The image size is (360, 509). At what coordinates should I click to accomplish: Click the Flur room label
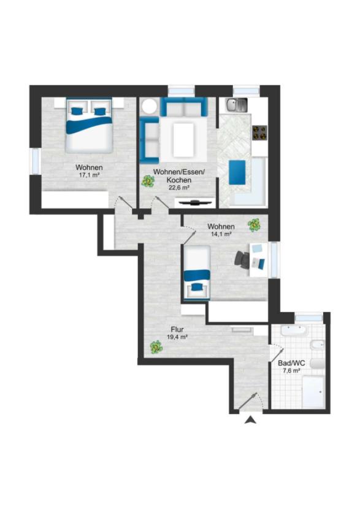pyautogui.click(x=177, y=330)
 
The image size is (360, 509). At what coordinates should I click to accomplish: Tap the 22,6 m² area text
pyautogui.click(x=179, y=187)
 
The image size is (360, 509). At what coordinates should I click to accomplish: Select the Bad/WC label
pyautogui.click(x=291, y=363)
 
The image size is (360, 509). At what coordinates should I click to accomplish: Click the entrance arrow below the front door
pyautogui.click(x=250, y=420)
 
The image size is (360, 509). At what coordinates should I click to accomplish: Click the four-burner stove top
pyautogui.click(x=259, y=132)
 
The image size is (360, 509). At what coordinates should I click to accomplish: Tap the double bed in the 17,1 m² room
pyautogui.click(x=90, y=126)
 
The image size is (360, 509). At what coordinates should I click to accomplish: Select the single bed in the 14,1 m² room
pyautogui.click(x=197, y=272)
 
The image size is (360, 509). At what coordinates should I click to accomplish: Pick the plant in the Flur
pyautogui.click(x=156, y=347)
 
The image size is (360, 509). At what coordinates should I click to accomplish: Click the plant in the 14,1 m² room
pyautogui.click(x=254, y=224)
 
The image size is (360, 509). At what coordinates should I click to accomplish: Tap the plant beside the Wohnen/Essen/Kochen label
pyautogui.click(x=148, y=181)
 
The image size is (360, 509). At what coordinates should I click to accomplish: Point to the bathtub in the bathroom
pyautogui.click(x=293, y=331)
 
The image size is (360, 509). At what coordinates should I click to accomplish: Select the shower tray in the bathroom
pyautogui.click(x=313, y=392)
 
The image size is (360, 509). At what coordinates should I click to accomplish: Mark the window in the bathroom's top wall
pyautogui.click(x=308, y=318)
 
